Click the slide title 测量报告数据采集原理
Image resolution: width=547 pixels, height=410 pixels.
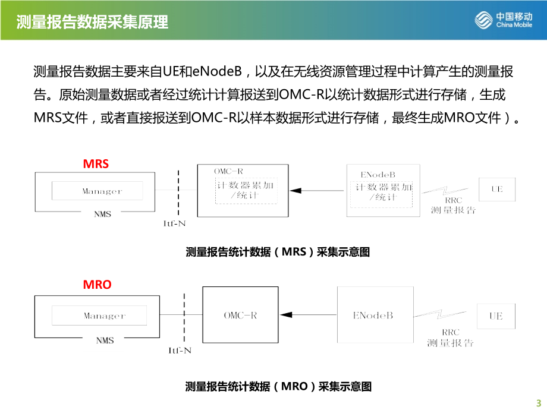[x=92, y=22]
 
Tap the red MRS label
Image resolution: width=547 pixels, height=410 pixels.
[x=96, y=163]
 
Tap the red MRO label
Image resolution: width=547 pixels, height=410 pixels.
[x=96, y=284]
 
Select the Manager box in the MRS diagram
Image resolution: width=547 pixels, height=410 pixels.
[x=98, y=191]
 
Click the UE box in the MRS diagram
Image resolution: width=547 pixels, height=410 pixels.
[x=496, y=189]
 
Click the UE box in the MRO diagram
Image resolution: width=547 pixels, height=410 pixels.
[x=496, y=316]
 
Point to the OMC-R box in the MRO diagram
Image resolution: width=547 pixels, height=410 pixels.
[x=240, y=315]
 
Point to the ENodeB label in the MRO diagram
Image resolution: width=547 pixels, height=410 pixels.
[x=373, y=316]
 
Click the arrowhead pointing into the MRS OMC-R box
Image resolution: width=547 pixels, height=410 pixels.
[x=295, y=190]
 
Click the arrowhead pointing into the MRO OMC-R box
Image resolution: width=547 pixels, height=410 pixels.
[x=285, y=315]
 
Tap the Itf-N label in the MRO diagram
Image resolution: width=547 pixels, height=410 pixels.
[x=180, y=350]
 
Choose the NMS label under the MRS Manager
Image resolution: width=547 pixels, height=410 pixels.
[x=103, y=214]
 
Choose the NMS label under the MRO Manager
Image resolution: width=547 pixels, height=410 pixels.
[x=105, y=340]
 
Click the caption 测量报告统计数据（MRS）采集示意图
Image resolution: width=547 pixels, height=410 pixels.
[x=278, y=252]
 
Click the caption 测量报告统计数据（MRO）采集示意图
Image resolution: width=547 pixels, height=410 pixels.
[x=278, y=387]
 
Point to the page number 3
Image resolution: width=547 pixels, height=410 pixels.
[x=539, y=401]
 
